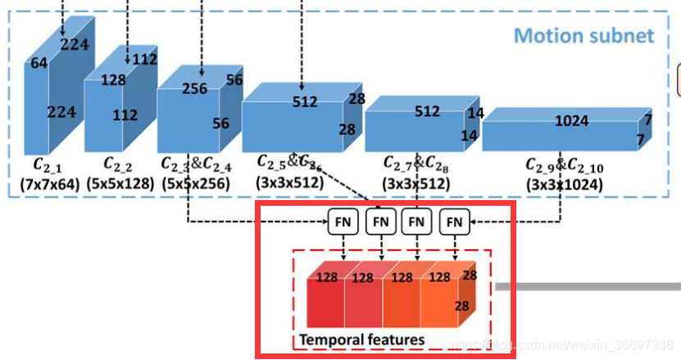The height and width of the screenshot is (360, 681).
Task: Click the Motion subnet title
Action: click(583, 36)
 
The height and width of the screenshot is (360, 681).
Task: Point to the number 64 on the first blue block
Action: click(39, 64)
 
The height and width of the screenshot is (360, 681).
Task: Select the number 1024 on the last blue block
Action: click(571, 121)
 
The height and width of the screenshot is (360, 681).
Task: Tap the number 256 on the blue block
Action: click(194, 89)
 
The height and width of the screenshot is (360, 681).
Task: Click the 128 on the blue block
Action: click(113, 80)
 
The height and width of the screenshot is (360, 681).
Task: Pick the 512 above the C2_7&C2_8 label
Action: click(427, 111)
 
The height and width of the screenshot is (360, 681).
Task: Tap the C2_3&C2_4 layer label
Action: click(196, 166)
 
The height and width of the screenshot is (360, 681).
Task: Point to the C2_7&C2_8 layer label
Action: click(416, 164)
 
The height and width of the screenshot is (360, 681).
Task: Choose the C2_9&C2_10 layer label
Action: click(564, 166)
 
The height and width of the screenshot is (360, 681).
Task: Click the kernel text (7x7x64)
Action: click(50, 184)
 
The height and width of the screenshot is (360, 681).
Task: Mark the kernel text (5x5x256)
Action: click(197, 184)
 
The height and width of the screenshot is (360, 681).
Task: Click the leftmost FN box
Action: click(343, 221)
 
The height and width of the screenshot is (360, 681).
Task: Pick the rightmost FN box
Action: click(455, 221)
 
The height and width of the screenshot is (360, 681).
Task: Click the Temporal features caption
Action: click(361, 339)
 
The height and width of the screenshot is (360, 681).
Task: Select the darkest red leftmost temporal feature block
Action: click(325, 302)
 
